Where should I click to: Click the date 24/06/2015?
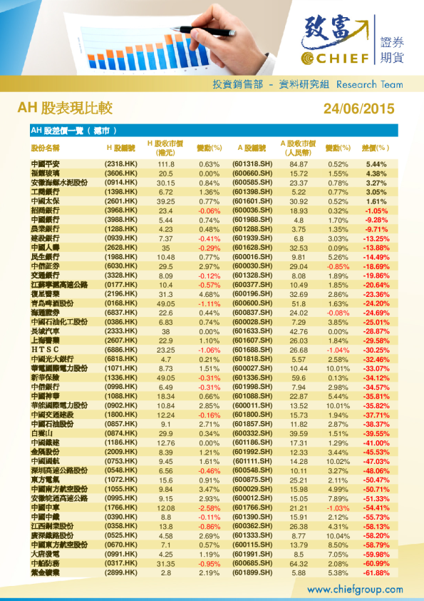click(x=358, y=108)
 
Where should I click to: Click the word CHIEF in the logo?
click(x=343, y=57)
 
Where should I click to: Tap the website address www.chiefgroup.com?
click(x=355, y=590)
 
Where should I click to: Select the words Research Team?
click(x=369, y=84)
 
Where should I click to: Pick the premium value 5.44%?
click(x=376, y=164)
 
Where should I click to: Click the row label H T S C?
click(x=44, y=350)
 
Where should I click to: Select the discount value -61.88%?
click(x=374, y=572)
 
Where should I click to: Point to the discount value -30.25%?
click(x=374, y=350)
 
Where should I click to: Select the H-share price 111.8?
click(x=165, y=164)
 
